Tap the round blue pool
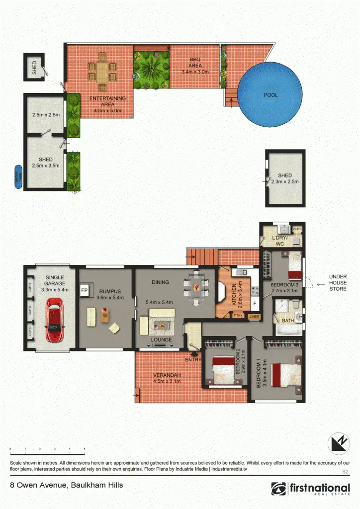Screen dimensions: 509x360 [x=270, y=95]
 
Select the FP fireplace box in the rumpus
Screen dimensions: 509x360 [x=85, y=290]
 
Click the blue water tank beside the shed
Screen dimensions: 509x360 [x=18, y=177]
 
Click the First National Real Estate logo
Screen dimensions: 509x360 [x=310, y=489]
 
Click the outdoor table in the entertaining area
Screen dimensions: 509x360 [x=102, y=70]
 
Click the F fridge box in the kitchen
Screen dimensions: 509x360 [x=254, y=302]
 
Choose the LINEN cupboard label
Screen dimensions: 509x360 [x=254, y=316]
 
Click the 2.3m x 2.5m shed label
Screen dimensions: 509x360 [x=285, y=178]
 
